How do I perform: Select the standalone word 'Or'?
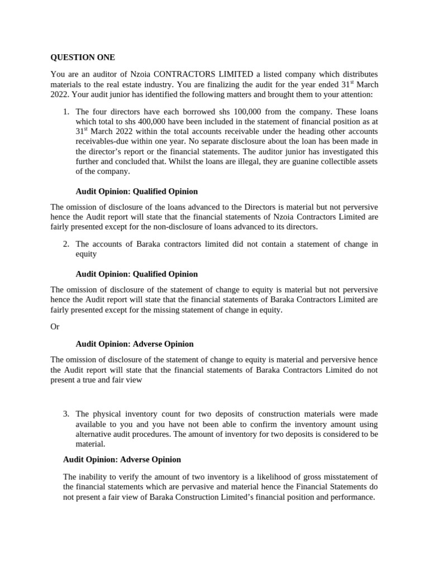pos(55,326)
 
